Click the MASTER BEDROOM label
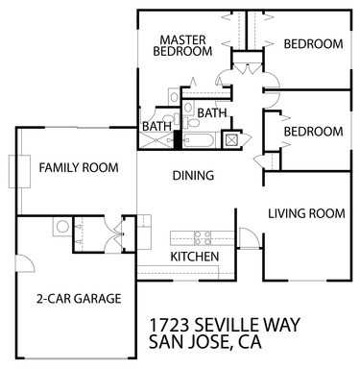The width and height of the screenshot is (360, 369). click(184, 45)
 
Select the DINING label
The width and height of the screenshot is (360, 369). click(192, 176)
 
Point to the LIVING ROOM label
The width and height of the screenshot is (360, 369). click(305, 213)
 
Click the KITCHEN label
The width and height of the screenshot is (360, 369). click(195, 257)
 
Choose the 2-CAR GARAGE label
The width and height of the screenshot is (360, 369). click(79, 299)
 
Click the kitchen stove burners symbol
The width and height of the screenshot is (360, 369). click(203, 236)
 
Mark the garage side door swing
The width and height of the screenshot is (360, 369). click(26, 260)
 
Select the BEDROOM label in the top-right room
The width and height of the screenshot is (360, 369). click(313, 43)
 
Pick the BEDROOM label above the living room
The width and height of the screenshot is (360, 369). click(313, 132)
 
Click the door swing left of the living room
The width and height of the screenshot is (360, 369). click(248, 236)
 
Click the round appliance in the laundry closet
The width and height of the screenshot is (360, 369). click(62, 228)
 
